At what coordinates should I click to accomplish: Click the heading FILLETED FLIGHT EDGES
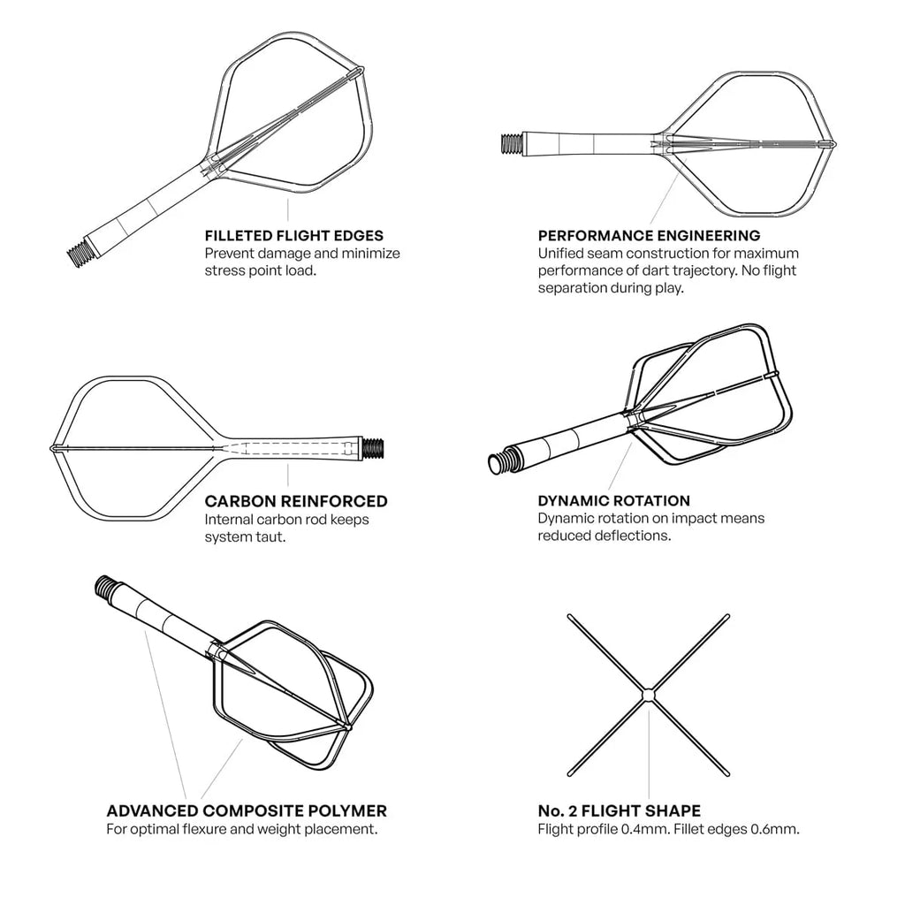(x=293, y=236)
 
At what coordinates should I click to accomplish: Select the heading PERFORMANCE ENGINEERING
(x=649, y=236)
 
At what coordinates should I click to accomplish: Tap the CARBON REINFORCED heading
(x=295, y=501)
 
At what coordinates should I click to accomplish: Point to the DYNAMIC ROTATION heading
(x=613, y=501)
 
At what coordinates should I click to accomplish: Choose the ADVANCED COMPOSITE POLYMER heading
(x=247, y=810)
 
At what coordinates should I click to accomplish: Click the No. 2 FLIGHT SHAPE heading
(x=619, y=810)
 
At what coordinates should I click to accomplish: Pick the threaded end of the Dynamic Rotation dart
(x=502, y=460)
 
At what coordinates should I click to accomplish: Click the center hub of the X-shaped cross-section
(x=649, y=696)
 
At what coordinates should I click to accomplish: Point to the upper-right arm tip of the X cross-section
(x=726, y=616)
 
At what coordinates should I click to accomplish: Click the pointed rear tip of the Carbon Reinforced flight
(x=53, y=449)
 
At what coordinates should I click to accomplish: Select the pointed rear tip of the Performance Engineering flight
(x=833, y=143)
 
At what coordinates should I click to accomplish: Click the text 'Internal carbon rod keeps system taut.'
(x=286, y=528)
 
